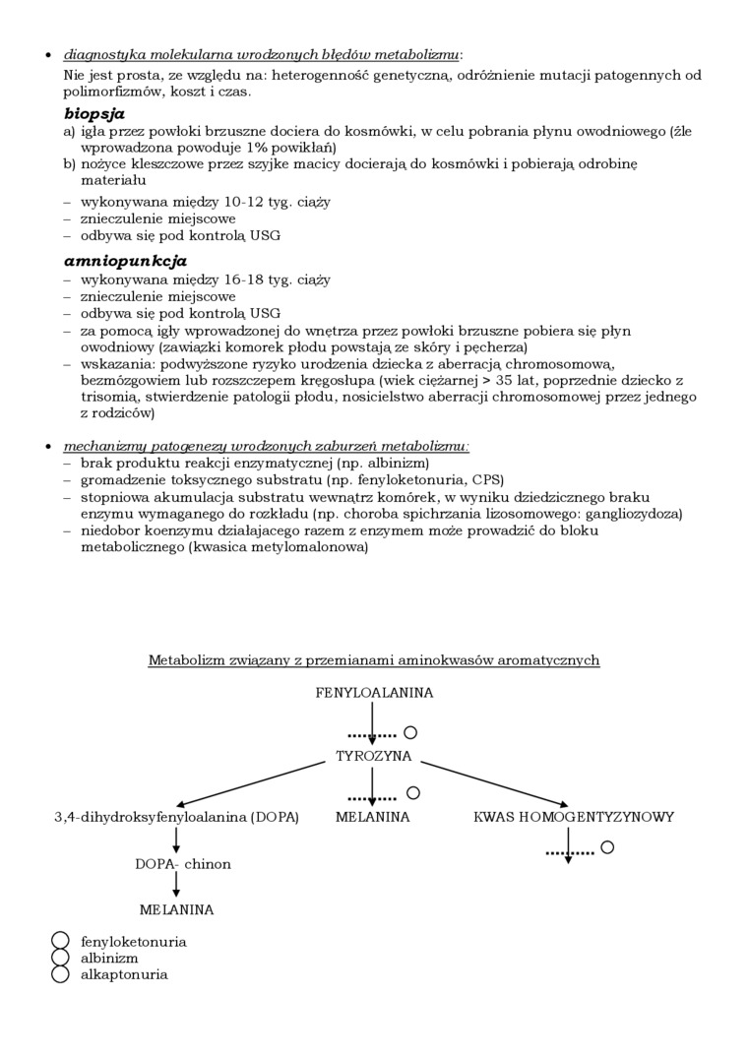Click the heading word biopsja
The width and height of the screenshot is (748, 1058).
94,113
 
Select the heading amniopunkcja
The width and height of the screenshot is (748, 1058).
125,261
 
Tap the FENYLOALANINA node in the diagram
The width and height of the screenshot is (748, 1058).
374,693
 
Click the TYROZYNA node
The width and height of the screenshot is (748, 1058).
374,757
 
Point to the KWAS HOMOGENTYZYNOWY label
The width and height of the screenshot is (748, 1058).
574,817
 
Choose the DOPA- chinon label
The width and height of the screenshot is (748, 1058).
183,864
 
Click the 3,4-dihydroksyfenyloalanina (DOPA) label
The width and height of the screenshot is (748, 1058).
176,817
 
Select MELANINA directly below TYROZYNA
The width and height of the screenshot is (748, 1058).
372,817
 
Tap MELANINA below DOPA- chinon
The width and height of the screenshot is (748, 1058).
176,910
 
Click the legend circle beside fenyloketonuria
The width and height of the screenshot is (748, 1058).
61,941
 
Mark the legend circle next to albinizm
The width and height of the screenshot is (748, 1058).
61,958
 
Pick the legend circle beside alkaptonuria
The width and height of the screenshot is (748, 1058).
61,974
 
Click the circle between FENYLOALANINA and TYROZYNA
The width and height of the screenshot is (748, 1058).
410,732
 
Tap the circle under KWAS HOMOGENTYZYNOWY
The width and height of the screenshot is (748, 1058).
607,846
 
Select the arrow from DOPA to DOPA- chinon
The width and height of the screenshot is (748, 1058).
176,840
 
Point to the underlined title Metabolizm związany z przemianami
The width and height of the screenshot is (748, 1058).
373,660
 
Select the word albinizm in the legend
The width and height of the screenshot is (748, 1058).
109,958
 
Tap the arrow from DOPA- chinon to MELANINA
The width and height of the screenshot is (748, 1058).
176,886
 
